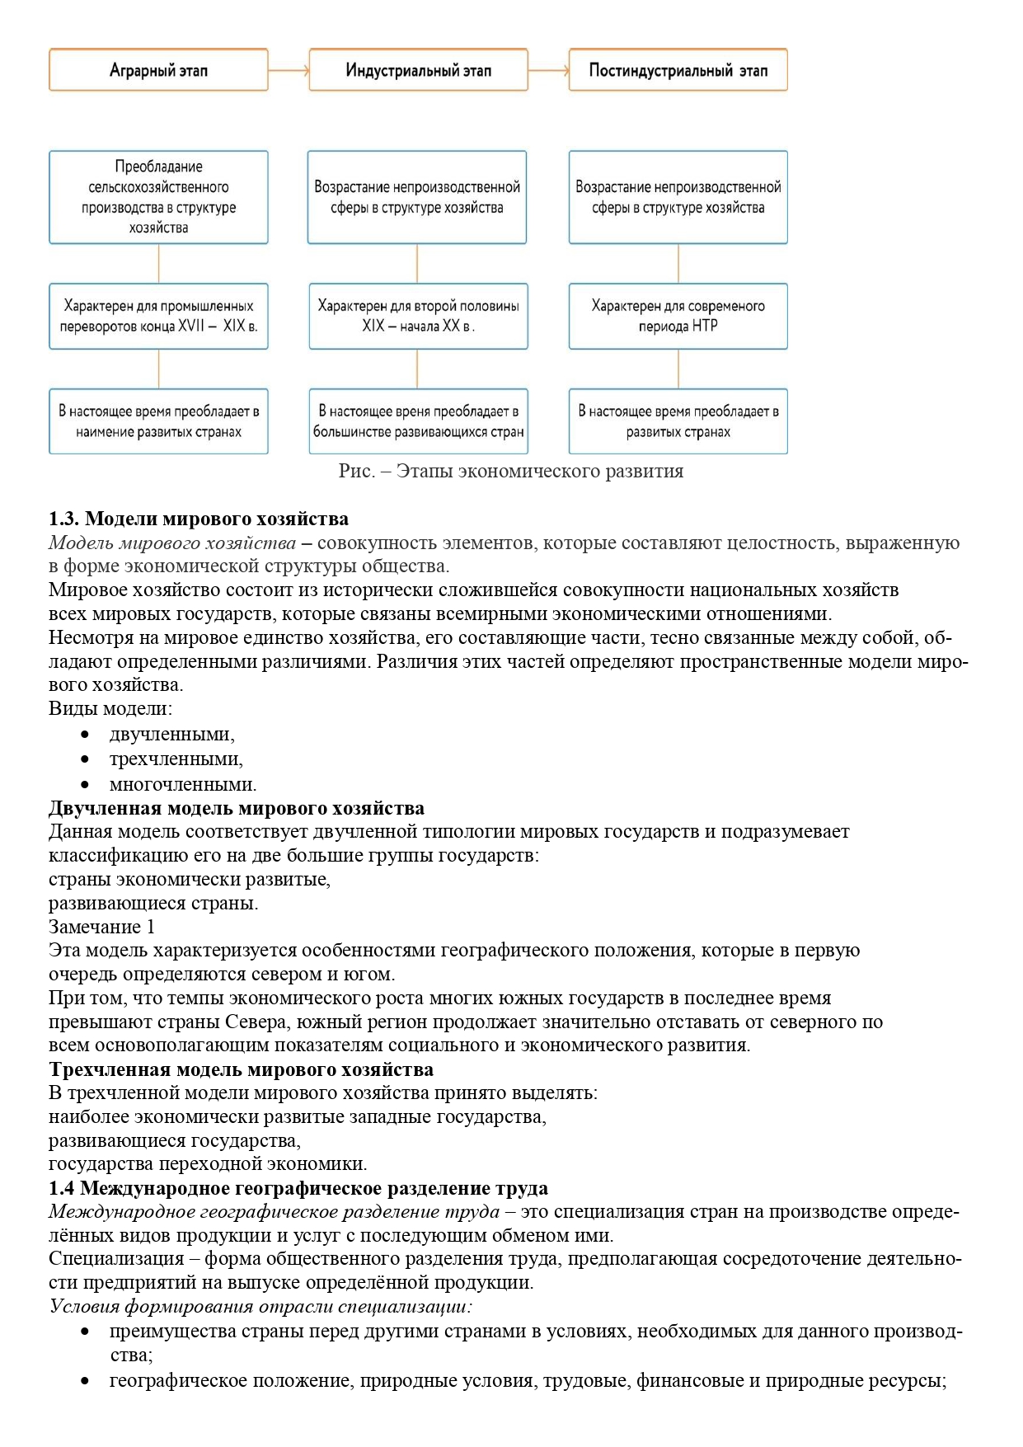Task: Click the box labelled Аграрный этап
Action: point(158,70)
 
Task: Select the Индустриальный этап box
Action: point(418,70)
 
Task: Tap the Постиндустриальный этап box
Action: point(678,70)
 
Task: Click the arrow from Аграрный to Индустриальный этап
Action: point(289,71)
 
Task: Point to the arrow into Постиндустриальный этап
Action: point(548,71)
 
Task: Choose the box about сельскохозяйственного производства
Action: point(158,197)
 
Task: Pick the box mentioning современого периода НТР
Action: point(678,316)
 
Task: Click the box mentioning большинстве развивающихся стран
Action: point(418,421)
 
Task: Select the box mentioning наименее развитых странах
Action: point(158,421)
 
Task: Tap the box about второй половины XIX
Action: point(418,316)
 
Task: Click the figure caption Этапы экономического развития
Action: point(511,471)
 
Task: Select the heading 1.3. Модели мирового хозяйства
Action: point(199,519)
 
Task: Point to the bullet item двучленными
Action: point(171,734)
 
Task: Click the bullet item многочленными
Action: point(183,784)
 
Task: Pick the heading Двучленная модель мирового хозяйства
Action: point(237,808)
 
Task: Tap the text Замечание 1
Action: point(101,927)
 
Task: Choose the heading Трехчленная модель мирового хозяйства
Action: point(241,1069)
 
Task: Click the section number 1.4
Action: point(62,1188)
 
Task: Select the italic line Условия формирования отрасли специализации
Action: point(260,1306)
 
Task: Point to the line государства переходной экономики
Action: point(208,1163)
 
